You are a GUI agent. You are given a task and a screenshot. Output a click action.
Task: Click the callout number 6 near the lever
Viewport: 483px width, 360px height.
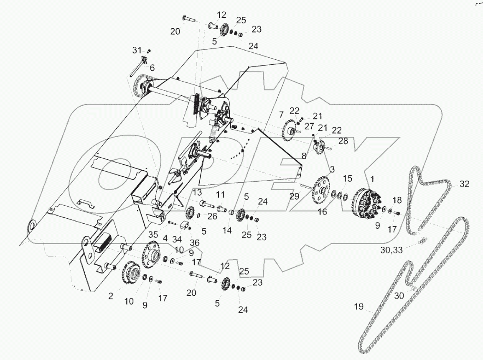point(152,68)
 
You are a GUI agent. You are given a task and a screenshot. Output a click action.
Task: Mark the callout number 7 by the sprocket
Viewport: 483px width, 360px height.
point(281,114)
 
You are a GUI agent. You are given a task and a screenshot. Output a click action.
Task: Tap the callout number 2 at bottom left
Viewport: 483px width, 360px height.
point(111,296)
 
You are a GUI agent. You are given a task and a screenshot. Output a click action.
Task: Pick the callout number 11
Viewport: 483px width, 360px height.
point(221,195)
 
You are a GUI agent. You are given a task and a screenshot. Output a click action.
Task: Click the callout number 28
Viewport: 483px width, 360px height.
point(343,142)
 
